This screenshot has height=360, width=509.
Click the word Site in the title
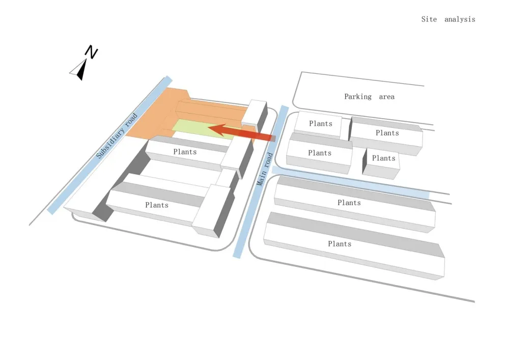pyautogui.click(x=429, y=19)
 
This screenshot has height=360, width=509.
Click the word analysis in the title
pyautogui.click(x=460, y=19)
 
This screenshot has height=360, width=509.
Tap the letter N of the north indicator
pyautogui.click(x=91, y=52)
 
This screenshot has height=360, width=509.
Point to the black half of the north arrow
pyautogui.click(x=82, y=70)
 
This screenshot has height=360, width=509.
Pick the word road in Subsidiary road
pyautogui.click(x=131, y=120)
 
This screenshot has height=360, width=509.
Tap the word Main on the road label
pyautogui.click(x=261, y=178)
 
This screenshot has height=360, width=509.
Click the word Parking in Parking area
pyautogui.click(x=358, y=97)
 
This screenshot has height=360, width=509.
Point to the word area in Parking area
pyautogui.click(x=387, y=97)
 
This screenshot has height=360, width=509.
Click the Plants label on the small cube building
pyautogui.click(x=383, y=158)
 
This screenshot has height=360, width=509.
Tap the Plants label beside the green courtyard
pyautogui.click(x=185, y=152)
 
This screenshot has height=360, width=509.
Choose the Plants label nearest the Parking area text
pyautogui.click(x=320, y=123)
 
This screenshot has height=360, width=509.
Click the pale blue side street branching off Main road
pyautogui.click(x=351, y=182)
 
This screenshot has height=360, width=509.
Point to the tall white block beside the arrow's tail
pyautogui.click(x=254, y=115)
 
